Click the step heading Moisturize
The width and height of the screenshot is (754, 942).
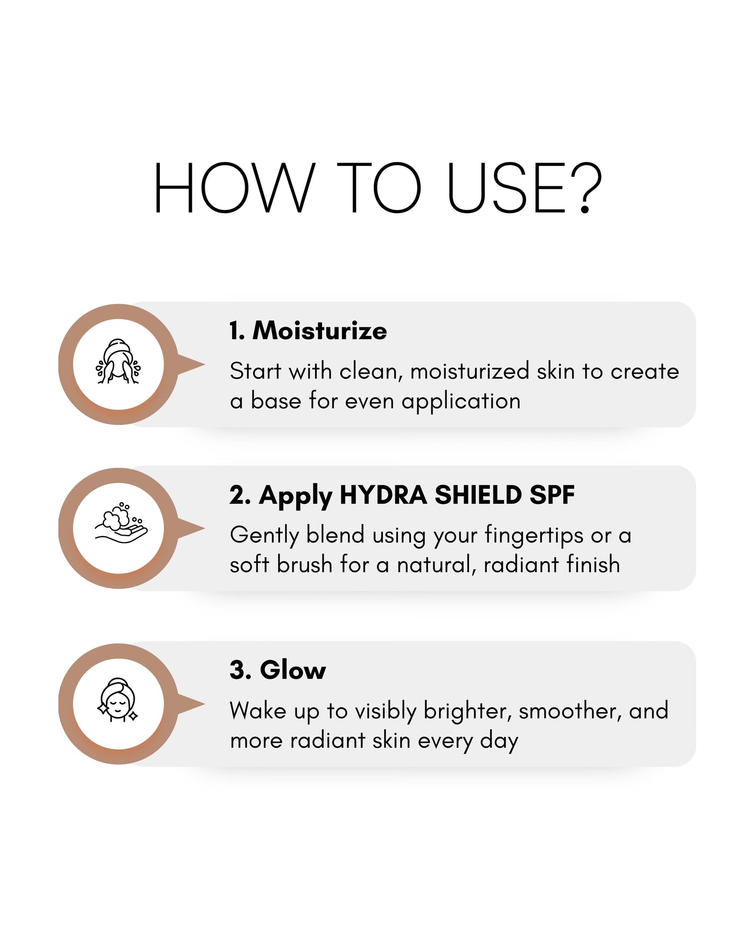pos(319,330)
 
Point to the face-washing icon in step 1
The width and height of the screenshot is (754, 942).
pos(118,361)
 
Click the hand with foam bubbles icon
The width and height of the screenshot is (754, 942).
pos(121,523)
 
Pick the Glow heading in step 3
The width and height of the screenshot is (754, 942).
pos(293,670)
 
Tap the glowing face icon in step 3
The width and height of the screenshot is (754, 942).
pos(118,700)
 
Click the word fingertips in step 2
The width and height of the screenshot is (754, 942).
pos(534,536)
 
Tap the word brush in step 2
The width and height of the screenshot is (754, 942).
pos(304,565)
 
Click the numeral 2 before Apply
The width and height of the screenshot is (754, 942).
pos(237,495)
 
